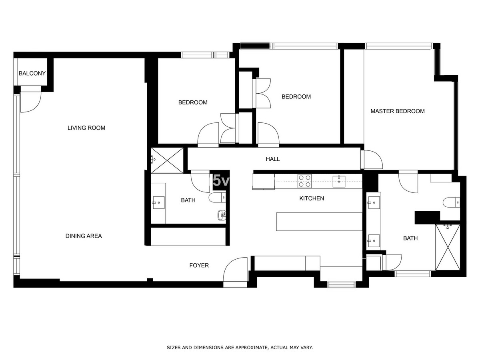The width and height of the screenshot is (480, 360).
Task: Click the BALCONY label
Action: (32, 74)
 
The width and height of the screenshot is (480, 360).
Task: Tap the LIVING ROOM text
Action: (86, 128)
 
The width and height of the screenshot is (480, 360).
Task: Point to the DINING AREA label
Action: (84, 236)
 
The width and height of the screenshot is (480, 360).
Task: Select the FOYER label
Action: (199, 265)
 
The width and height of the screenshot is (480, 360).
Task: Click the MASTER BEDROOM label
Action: (397, 111)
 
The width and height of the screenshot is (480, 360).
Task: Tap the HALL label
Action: (273, 159)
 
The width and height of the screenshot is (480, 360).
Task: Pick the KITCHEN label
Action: (312, 198)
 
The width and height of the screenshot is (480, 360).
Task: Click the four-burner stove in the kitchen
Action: (304, 181)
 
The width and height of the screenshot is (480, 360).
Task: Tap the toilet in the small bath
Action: (217, 198)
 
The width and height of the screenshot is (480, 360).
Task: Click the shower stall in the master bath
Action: (448, 247)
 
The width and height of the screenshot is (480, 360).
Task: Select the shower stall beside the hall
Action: (167, 160)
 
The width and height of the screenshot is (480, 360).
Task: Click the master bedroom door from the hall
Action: (372, 160)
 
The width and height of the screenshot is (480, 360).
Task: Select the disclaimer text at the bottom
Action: (240, 348)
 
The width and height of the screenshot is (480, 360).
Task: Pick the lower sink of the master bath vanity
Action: (374, 240)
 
